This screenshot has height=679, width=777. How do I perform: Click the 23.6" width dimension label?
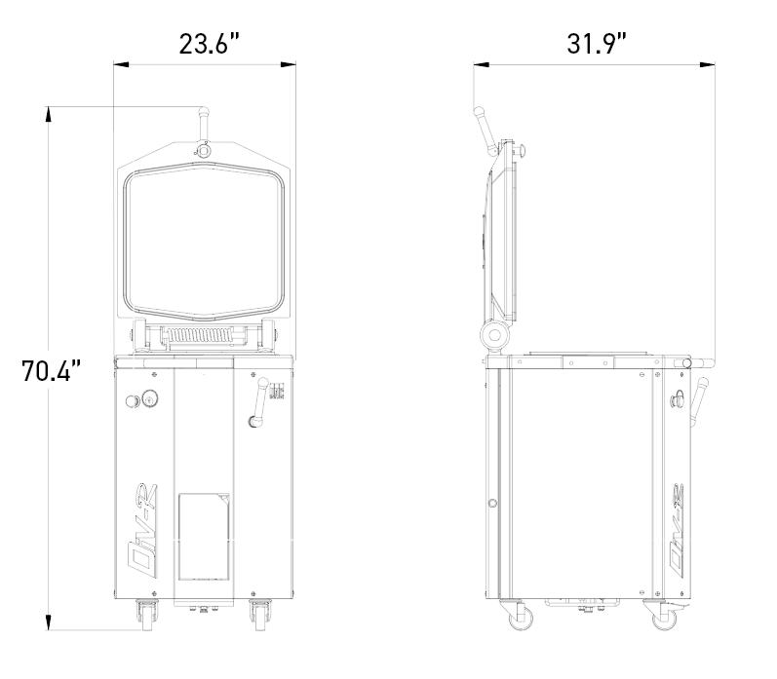pos(209,44)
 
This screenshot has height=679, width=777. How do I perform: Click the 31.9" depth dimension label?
pos(597,44)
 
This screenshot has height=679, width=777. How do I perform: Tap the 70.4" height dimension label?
pos(51,370)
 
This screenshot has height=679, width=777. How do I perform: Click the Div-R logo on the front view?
pos(142,531)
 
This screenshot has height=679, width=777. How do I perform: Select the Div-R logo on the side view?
pos(677,531)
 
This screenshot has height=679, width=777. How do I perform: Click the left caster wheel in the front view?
pos(147,615)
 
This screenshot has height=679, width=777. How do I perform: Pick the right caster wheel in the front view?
pos(259,615)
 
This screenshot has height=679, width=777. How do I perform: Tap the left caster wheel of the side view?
pos(520,615)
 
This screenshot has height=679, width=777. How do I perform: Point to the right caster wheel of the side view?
pos(664,615)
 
